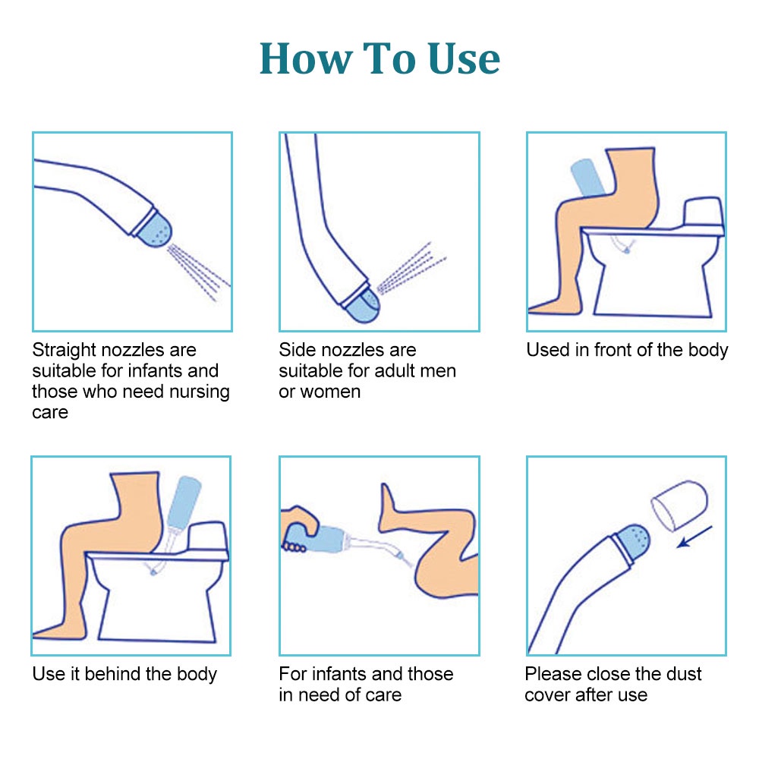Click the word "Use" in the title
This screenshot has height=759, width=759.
pos(464,58)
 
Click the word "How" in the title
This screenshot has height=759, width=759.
pos(306,58)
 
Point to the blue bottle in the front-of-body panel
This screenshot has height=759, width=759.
pos(587,178)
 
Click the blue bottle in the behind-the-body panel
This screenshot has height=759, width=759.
pos(184,502)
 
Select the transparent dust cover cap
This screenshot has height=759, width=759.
pos(679,505)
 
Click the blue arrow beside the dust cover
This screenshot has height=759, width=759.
pos(694,537)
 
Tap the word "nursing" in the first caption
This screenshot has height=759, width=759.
pos(200,392)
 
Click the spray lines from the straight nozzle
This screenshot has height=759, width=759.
pos(198,272)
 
